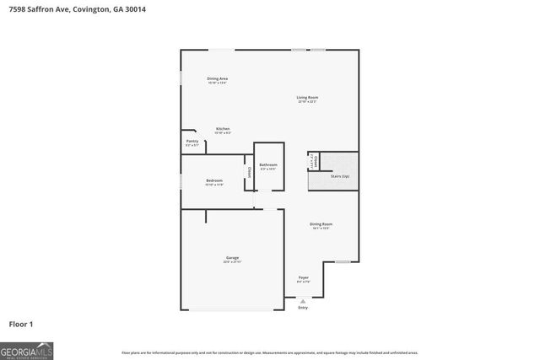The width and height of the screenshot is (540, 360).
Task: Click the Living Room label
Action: coord(307,98)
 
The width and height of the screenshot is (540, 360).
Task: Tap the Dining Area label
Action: coord(218,78)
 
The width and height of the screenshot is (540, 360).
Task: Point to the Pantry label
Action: coord(192,141)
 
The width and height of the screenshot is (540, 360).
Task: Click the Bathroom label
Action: coord(268,164)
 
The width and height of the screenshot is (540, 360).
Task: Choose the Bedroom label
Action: coord(214,180)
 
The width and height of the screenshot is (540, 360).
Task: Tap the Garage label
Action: coord(232,258)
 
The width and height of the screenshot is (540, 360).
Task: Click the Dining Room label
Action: coord(321,223)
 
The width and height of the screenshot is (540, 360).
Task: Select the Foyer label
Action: coord(304,277)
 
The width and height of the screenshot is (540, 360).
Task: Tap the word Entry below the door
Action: coord(303,308)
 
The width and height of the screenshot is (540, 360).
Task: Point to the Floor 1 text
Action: coord(20,324)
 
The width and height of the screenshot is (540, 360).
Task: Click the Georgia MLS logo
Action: coord(27,349)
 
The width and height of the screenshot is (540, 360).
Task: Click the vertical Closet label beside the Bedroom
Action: coord(249,172)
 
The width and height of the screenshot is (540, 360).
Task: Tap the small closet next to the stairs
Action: coord(312,161)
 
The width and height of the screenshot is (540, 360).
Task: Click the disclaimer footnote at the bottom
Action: coord(269,352)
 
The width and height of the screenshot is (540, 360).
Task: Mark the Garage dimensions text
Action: coord(232,262)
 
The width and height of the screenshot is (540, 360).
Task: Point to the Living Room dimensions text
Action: coord(307,102)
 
